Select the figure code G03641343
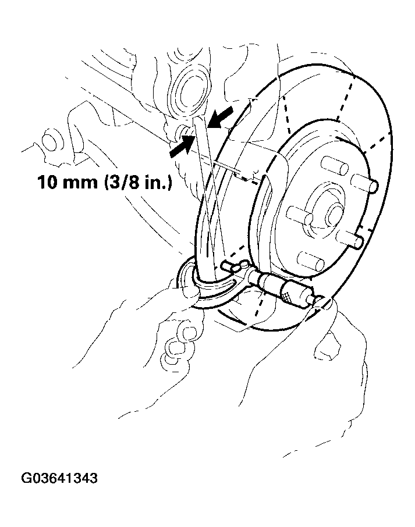tap(59, 478)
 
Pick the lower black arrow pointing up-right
tap(182, 145)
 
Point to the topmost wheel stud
tap(334, 165)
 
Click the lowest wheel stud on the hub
tap(310, 261)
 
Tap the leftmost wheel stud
tap(300, 215)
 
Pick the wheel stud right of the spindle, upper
tap(364, 184)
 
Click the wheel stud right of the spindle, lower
tap(350, 239)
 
